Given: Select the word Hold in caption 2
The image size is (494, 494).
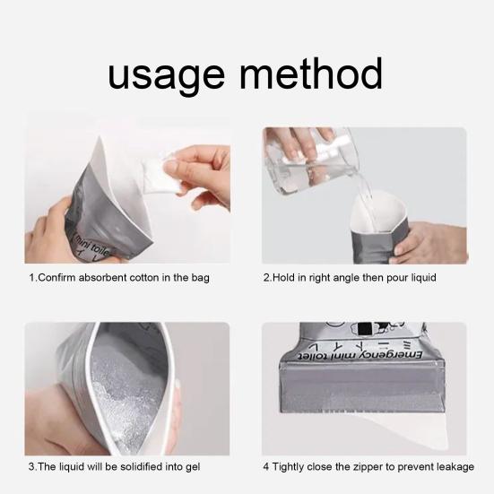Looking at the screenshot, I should pos(283,278).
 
